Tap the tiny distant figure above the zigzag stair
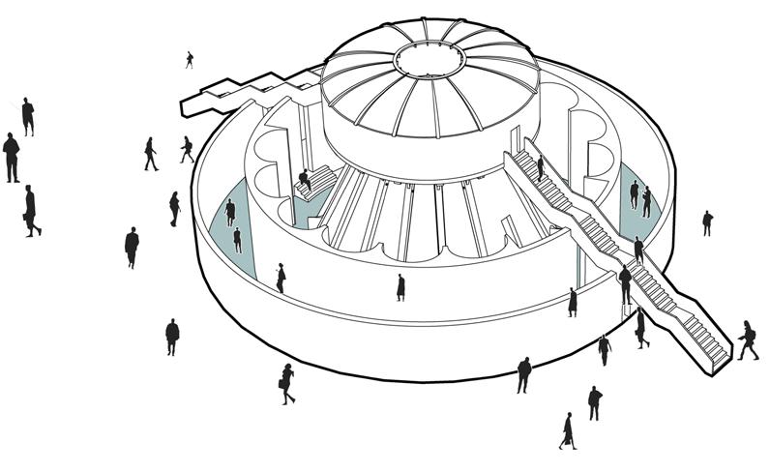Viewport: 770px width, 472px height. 190,59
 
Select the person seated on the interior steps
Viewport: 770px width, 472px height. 305,179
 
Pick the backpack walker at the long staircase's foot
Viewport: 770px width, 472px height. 748,339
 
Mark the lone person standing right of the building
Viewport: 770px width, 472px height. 707,222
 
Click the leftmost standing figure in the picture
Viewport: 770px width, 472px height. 11,157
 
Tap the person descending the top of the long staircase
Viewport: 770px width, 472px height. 540,169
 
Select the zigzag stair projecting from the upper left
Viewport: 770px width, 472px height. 232,94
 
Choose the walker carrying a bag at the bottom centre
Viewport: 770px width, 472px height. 287,383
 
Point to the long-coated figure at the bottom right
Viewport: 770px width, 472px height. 568,430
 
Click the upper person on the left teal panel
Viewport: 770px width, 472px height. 230,211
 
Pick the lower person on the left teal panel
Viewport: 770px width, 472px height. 237,240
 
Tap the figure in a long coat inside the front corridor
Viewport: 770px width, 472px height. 400,287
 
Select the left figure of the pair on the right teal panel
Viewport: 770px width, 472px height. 634,193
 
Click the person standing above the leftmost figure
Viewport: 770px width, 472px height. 28,116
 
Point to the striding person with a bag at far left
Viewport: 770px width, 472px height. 32,211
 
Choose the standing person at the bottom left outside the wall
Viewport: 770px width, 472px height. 172,336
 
